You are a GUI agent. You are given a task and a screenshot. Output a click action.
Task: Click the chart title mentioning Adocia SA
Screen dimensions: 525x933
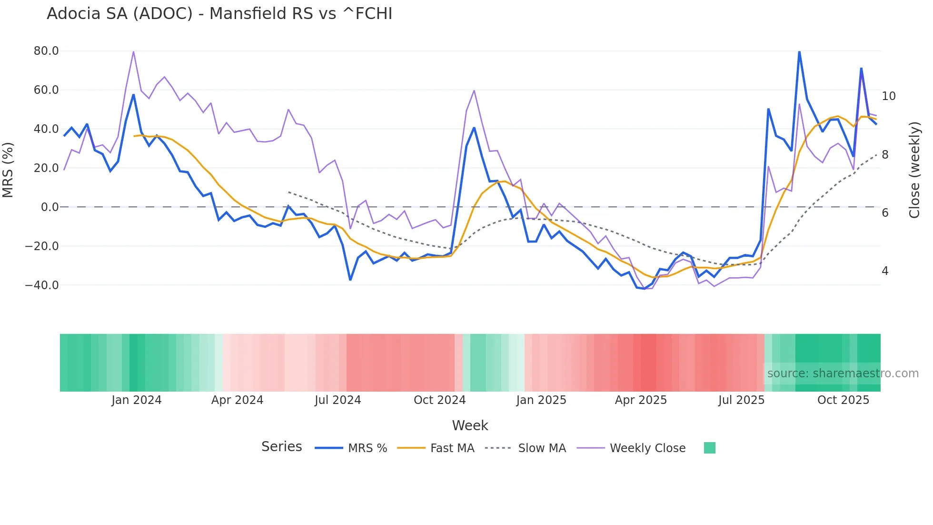coord(219,14)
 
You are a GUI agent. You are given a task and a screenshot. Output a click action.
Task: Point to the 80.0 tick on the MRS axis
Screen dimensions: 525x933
coord(46,51)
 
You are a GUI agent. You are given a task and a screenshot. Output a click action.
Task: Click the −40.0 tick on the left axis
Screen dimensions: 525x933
coord(42,285)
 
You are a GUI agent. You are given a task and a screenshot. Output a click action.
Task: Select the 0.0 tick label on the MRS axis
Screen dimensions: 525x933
coord(50,207)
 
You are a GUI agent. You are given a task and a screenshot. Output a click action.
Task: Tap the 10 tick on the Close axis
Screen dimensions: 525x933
coord(888,96)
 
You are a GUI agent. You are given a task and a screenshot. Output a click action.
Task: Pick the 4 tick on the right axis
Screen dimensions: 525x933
coord(885,271)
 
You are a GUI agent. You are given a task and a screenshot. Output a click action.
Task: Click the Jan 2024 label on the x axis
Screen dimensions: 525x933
coord(137,400)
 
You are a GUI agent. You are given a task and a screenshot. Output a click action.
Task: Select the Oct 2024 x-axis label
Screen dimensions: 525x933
coord(439,400)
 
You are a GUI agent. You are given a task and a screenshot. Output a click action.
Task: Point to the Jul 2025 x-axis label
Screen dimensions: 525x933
coord(741,400)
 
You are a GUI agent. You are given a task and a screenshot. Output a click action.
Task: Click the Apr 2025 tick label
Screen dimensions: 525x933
coord(641,400)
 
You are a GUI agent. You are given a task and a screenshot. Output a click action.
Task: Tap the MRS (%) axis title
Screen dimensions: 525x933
coord(8,170)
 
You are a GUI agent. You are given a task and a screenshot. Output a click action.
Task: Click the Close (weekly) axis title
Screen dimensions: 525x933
coord(914,170)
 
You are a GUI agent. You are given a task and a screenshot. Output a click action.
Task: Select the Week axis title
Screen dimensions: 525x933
coord(470,425)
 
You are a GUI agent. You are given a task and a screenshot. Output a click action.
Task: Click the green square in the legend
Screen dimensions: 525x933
coord(709,448)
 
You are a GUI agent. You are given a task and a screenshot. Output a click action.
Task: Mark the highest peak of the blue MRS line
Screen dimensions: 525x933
coord(799,51)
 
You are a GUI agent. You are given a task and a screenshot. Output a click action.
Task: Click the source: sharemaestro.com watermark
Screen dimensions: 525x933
coord(843,374)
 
